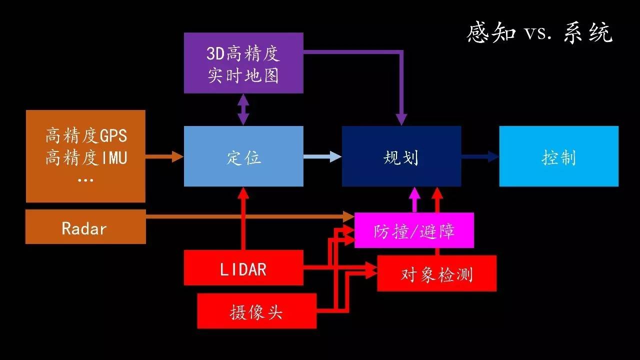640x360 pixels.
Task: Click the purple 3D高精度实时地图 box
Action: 243,63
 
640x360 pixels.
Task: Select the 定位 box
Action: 243,156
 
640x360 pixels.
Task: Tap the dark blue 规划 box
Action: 401,156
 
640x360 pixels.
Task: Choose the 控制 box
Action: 559,156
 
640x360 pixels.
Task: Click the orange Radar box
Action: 85,226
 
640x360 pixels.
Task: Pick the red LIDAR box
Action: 243,267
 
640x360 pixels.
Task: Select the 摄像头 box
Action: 257,311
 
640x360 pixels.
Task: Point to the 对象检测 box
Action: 437,273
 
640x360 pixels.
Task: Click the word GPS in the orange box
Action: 113,135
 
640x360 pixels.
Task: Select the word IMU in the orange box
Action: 114,158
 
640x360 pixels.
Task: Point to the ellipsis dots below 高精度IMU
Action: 85,180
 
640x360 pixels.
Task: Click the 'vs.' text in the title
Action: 538,33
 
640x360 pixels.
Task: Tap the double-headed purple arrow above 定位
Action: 243,109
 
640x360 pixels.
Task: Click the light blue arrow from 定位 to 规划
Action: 322,156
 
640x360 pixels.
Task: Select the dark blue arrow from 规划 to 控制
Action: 480,156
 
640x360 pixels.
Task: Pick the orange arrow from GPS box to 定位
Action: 164,156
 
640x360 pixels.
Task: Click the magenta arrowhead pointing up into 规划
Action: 414,193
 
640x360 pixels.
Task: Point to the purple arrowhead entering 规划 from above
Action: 401,119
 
